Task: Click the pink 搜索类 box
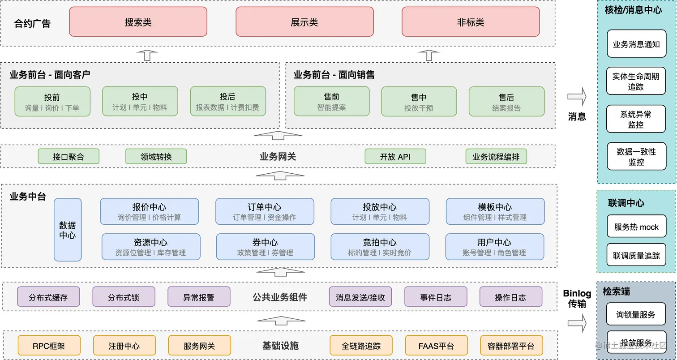[138, 22]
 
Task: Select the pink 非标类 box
[471, 22]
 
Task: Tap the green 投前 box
[52, 102]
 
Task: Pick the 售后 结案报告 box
[506, 102]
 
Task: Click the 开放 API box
[395, 157]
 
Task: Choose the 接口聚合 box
[69, 157]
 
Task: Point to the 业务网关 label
[278, 157]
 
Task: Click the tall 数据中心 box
[68, 230]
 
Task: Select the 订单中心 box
[265, 211]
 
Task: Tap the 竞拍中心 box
[380, 247]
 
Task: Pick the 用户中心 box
[494, 247]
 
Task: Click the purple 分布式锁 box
[124, 297]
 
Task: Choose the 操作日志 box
[510, 297]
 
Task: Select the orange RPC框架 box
[49, 346]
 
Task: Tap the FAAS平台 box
[436, 346]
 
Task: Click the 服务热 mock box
[636, 227]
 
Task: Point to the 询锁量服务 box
[636, 314]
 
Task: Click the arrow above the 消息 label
[577, 96]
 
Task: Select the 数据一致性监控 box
[636, 156]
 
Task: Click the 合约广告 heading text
[32, 24]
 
